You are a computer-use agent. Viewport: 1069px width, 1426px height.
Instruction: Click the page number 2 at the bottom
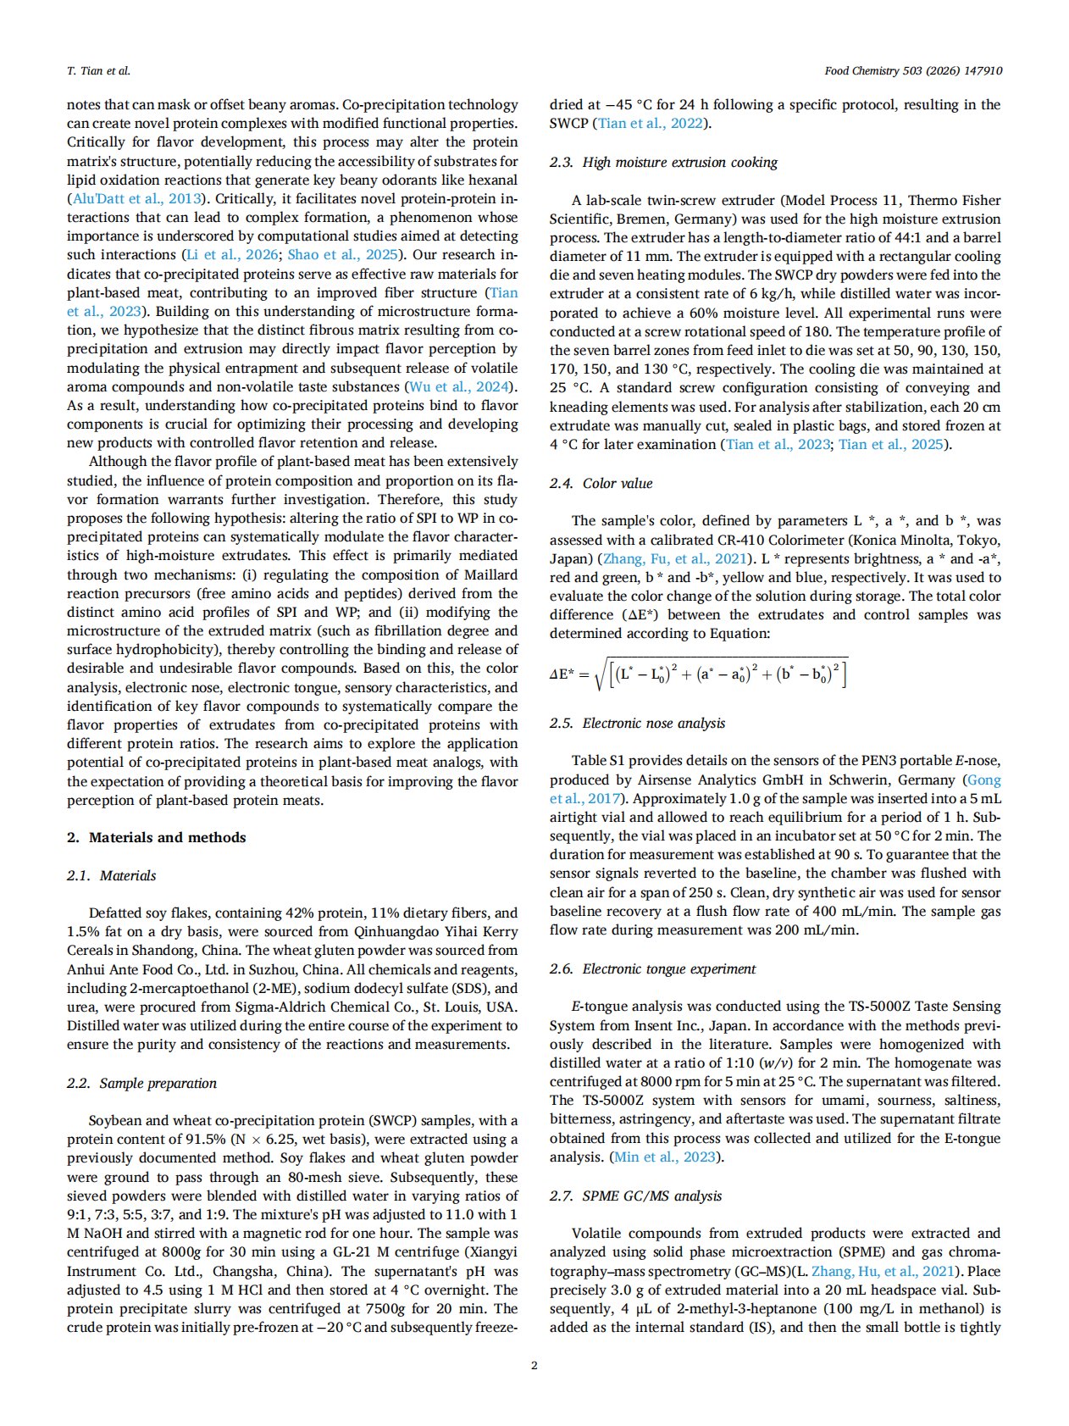(x=534, y=1365)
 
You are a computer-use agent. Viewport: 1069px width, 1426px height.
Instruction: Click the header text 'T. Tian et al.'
(x=98, y=70)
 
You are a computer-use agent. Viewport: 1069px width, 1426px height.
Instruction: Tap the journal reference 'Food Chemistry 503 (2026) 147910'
(x=912, y=70)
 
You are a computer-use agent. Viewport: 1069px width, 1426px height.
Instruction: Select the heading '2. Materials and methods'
(x=156, y=837)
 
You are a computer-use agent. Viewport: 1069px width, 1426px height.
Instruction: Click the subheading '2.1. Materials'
(x=111, y=875)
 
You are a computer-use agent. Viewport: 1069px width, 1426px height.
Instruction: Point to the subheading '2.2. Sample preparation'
(x=141, y=1083)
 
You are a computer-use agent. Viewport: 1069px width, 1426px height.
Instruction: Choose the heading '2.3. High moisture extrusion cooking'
(x=663, y=162)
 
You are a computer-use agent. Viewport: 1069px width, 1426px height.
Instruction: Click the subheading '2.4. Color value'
(x=601, y=483)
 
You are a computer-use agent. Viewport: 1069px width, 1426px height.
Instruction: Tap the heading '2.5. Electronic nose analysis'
(x=637, y=723)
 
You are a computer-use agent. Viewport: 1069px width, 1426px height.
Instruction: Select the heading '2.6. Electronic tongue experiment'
(x=652, y=968)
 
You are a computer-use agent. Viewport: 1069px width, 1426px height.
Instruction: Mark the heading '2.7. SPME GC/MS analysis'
(x=635, y=1196)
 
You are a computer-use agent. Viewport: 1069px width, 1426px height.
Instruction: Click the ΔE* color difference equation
(x=698, y=674)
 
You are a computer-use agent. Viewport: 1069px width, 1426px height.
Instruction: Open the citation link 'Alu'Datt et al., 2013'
(x=136, y=199)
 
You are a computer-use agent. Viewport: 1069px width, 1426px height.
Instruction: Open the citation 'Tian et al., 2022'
(x=651, y=124)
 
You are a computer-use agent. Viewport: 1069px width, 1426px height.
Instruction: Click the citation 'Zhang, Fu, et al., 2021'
(x=674, y=558)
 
